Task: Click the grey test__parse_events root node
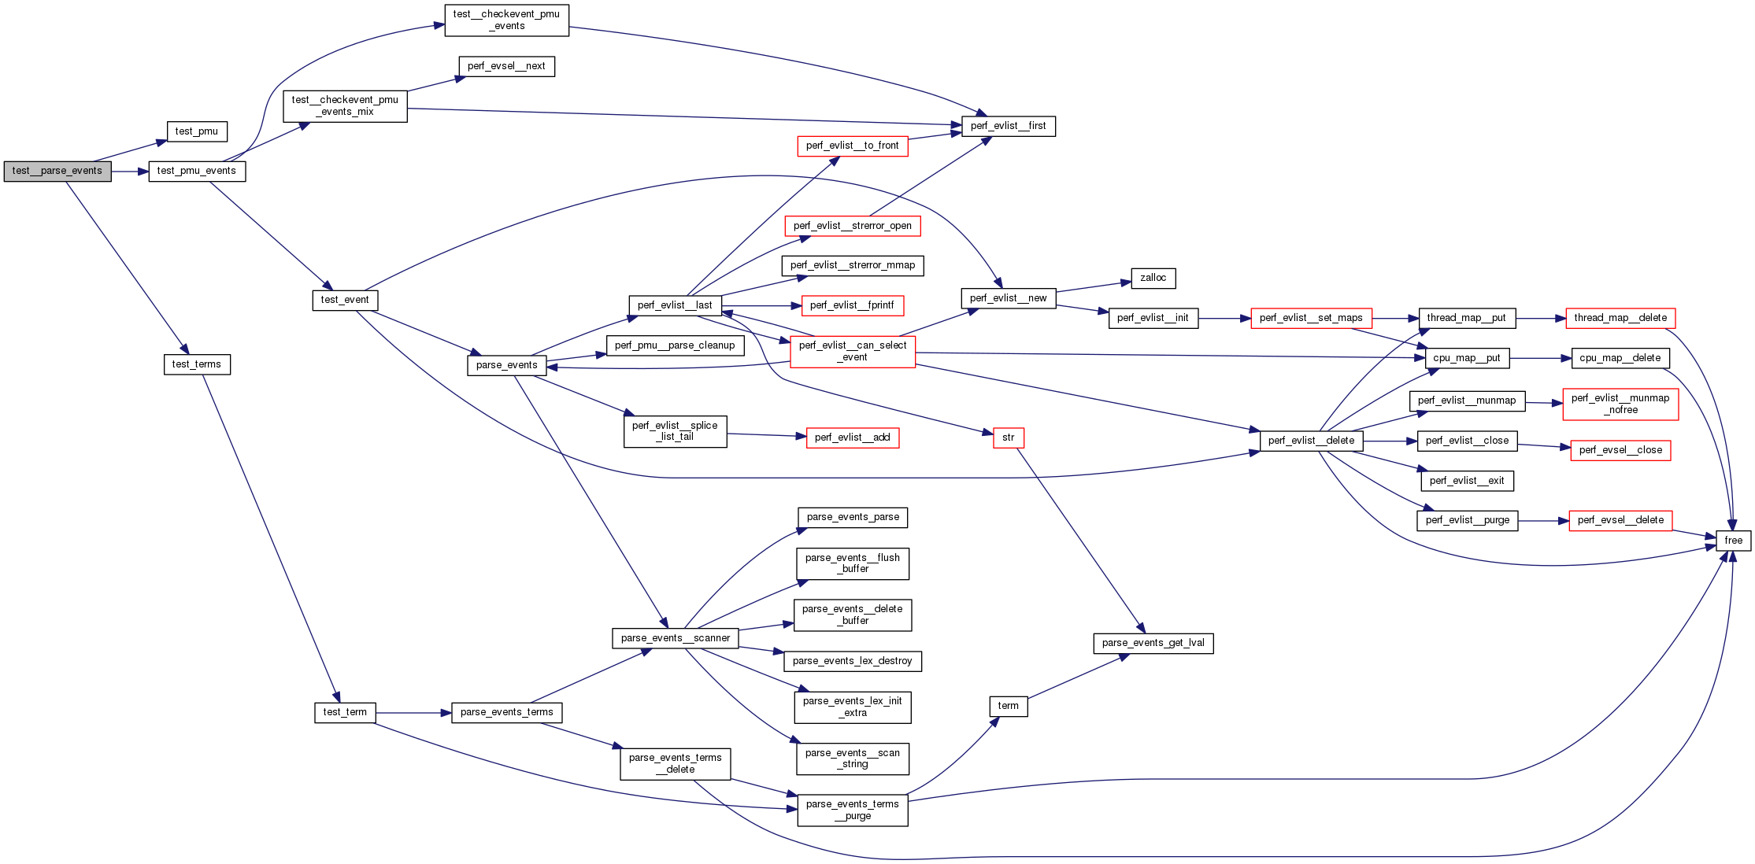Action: (57, 171)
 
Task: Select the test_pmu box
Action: (197, 131)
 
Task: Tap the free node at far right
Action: (1733, 541)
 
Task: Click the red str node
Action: (1009, 438)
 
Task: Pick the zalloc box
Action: (1153, 278)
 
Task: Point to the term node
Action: (1008, 706)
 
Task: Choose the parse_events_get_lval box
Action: (1153, 643)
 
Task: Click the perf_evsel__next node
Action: (506, 66)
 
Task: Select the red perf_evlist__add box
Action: (852, 438)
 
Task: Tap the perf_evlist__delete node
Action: (1311, 441)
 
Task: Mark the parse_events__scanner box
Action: (675, 638)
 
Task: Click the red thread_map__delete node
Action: (1620, 318)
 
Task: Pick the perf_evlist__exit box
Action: (1466, 481)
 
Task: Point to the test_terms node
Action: (197, 364)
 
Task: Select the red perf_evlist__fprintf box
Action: (852, 305)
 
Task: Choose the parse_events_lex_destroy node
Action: (852, 661)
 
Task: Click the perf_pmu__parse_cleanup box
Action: (675, 345)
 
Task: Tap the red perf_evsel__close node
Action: (1620, 450)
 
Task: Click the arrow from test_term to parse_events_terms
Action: (413, 713)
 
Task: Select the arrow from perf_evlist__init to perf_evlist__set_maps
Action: (1224, 319)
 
